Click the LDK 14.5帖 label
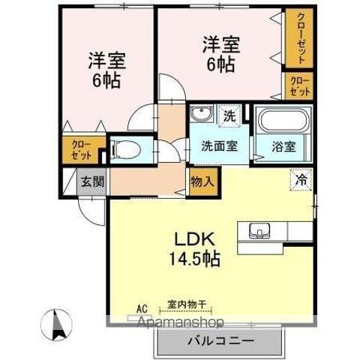pos(197,250)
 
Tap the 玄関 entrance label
pos(94,181)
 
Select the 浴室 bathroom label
pos(284,145)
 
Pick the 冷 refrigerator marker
pos(300,180)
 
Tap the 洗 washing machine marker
pos(230,115)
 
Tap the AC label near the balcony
pos(142,307)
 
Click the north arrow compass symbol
pos(57,325)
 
